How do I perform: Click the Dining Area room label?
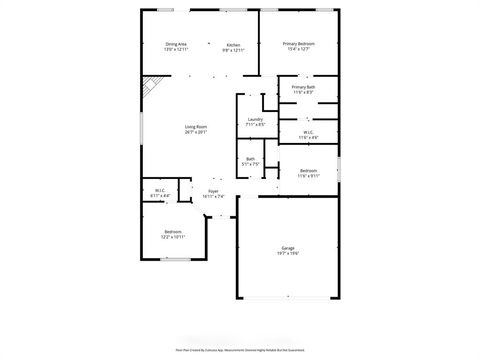click(x=175, y=44)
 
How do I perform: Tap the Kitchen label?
click(x=233, y=44)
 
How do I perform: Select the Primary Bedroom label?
click(x=298, y=44)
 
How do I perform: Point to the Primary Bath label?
click(x=304, y=88)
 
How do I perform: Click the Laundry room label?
click(x=255, y=120)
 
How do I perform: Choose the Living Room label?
click(x=195, y=126)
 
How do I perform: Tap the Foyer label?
click(x=213, y=190)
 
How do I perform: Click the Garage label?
click(x=287, y=247)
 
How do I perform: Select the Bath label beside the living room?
click(x=250, y=159)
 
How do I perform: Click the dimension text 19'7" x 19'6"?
click(x=287, y=253)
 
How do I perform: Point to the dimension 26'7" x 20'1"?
click(x=195, y=132)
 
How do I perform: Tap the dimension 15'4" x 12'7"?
click(x=298, y=50)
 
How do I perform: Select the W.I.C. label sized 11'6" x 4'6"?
click(x=307, y=132)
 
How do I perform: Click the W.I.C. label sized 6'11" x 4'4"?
click(x=160, y=190)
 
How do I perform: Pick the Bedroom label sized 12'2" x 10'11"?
click(x=173, y=232)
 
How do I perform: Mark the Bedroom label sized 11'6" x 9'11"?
click(x=310, y=170)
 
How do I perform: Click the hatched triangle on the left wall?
click(x=148, y=88)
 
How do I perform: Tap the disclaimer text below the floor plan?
click(x=240, y=350)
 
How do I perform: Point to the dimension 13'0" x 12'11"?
click(x=175, y=50)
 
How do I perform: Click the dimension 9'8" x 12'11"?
click(x=233, y=50)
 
